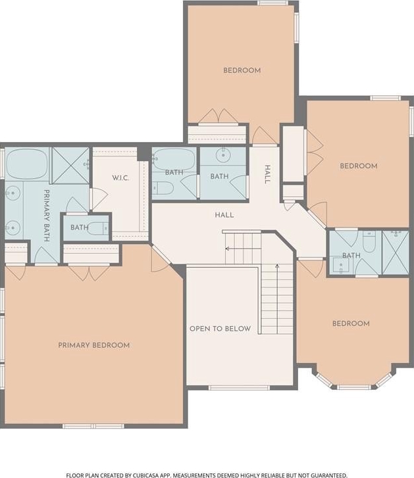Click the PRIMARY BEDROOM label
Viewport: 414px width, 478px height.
click(x=94, y=345)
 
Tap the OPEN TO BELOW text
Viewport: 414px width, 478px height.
click(x=220, y=329)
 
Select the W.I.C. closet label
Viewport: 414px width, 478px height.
click(x=120, y=178)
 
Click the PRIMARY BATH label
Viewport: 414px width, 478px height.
click(x=47, y=216)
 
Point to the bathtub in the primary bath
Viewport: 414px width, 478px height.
click(x=27, y=164)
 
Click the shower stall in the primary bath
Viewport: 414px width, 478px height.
click(x=70, y=166)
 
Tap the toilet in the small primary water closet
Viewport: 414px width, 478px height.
click(x=98, y=228)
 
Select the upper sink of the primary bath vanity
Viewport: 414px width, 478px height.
click(x=13, y=193)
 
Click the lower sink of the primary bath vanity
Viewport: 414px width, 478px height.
click(x=13, y=227)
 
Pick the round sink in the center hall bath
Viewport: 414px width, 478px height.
click(x=224, y=155)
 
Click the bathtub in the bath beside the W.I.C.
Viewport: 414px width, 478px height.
click(x=174, y=159)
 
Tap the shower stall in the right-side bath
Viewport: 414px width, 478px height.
click(x=396, y=252)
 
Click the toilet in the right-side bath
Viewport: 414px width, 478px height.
click(x=369, y=242)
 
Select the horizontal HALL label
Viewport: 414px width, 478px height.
click(x=224, y=215)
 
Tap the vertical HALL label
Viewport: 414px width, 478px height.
click(x=267, y=174)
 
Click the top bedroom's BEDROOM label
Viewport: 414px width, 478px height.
click(x=242, y=70)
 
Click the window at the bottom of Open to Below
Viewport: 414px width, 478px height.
click(x=239, y=388)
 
